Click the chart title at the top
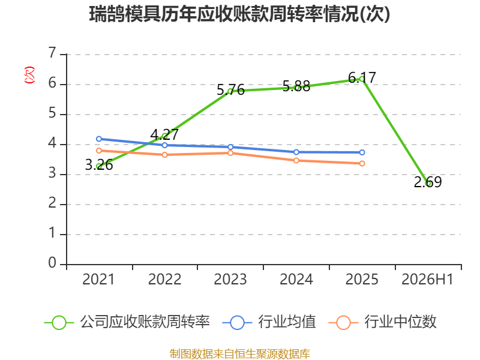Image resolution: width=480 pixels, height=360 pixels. (239, 14)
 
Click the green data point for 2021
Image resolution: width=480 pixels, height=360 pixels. (99, 167)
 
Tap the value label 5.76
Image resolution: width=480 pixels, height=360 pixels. (230, 90)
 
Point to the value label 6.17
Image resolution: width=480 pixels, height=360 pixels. (362, 77)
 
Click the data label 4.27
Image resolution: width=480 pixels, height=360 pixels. (164, 134)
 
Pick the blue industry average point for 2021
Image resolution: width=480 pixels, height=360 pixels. (99, 139)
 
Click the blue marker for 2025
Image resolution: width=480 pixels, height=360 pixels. (362, 152)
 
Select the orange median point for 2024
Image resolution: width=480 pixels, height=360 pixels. (296, 161)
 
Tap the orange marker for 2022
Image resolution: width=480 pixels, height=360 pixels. (164, 155)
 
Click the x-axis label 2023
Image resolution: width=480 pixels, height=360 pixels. (230, 280)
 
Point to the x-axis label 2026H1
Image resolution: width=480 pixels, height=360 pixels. (427, 280)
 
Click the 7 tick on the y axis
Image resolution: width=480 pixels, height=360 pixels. (52, 53)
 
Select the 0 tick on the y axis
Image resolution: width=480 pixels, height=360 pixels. (52, 263)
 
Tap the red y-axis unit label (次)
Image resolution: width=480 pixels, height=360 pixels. (29, 75)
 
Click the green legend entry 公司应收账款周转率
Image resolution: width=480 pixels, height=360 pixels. (127, 322)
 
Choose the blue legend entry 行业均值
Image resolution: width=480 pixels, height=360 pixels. (269, 322)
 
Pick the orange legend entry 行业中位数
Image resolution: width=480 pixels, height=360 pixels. (382, 322)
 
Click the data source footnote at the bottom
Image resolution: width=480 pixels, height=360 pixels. (240, 354)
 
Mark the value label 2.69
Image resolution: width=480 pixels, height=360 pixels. (428, 182)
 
